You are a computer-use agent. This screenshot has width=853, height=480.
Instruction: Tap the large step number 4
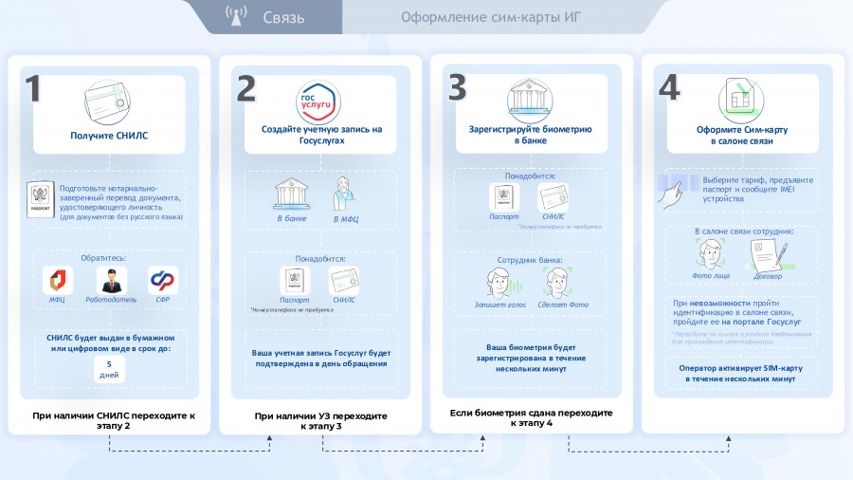click(x=668, y=88)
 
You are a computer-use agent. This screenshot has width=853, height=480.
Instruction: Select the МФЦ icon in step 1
click(x=57, y=280)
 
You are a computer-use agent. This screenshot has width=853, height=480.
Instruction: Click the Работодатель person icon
click(x=111, y=280)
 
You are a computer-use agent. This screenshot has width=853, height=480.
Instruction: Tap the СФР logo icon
click(x=162, y=280)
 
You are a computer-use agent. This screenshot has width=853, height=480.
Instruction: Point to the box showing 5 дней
click(x=110, y=369)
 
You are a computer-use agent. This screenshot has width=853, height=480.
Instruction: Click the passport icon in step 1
click(x=42, y=201)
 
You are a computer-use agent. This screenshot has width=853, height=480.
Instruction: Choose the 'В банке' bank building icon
click(x=290, y=195)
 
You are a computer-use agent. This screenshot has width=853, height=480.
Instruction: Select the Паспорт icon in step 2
click(x=294, y=280)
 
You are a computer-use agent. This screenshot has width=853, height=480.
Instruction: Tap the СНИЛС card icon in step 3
click(x=553, y=197)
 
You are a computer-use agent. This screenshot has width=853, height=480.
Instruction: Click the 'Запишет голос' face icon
click(x=503, y=282)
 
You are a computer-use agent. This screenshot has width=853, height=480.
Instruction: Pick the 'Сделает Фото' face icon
click(x=559, y=282)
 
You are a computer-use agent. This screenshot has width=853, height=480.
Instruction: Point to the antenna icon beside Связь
click(x=236, y=16)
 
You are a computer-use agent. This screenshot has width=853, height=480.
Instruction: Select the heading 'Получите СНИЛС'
click(x=109, y=136)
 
